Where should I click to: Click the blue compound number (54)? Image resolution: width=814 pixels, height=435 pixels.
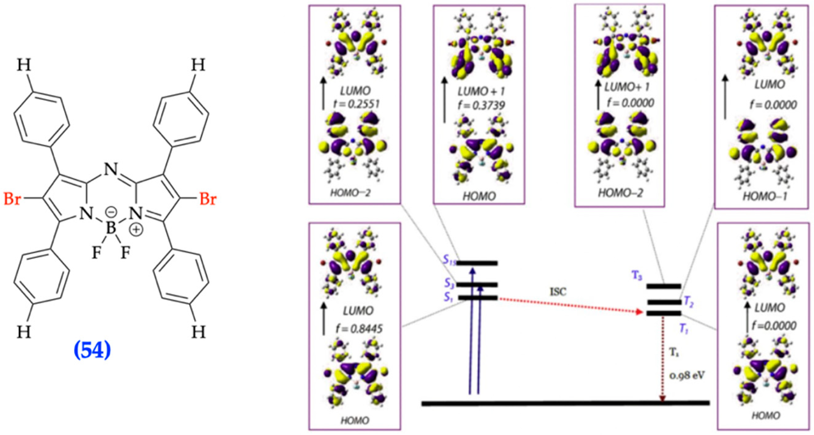[92, 351]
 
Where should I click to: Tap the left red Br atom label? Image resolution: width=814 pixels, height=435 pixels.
[12, 200]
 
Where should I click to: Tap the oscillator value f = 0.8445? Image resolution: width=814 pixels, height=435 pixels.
[359, 329]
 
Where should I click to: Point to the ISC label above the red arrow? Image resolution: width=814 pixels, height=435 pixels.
[558, 292]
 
